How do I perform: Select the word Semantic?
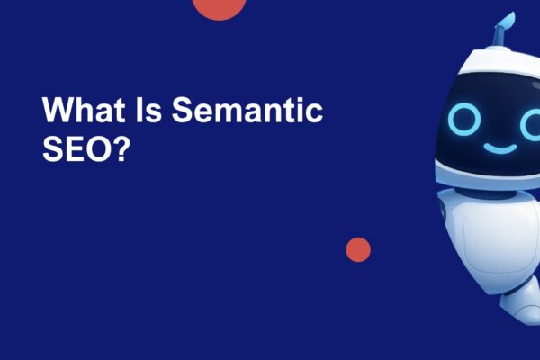click(x=246, y=111)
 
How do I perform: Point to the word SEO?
click(x=78, y=148)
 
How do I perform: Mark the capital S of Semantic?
click(x=181, y=111)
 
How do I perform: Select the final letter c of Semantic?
click(x=314, y=113)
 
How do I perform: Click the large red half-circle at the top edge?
click(x=220, y=7)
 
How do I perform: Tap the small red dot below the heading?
click(x=358, y=249)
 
